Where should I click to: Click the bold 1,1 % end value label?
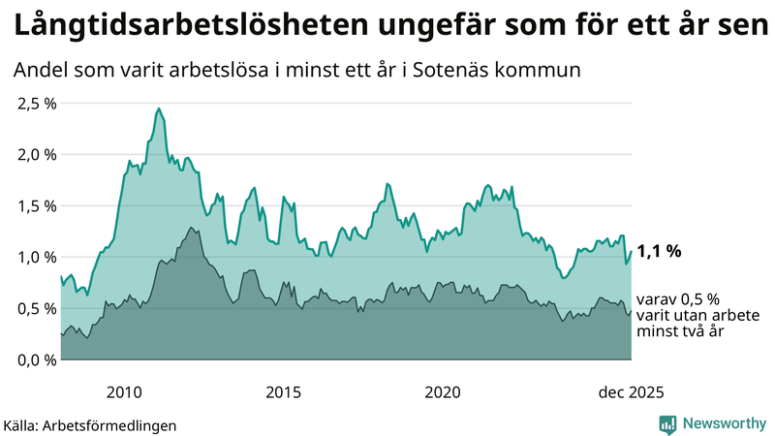point(659,251)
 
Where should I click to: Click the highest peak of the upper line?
point(159,109)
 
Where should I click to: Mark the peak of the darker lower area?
point(192,228)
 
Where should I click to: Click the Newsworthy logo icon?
point(667,423)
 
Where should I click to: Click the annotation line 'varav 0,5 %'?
point(678,299)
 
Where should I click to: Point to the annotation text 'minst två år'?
point(678,331)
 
